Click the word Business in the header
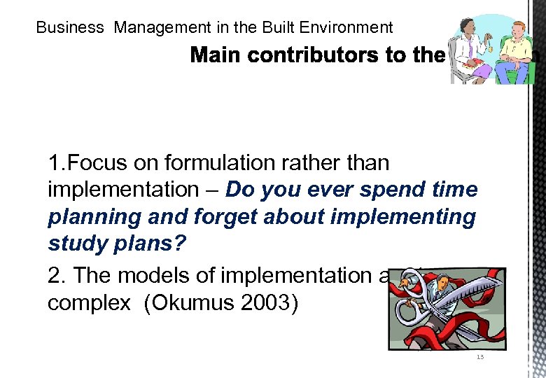[69, 28]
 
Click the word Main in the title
[215, 55]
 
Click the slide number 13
[479, 357]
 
